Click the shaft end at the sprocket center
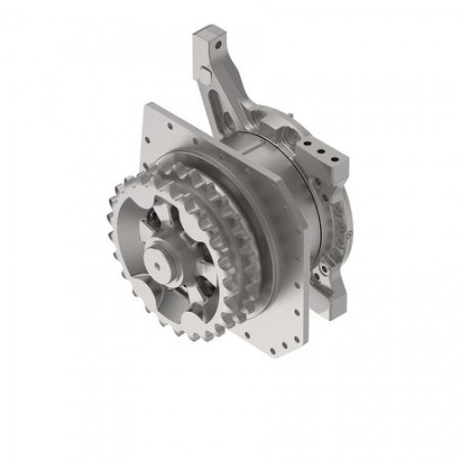pos(163,265)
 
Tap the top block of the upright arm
pos(209,40)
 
